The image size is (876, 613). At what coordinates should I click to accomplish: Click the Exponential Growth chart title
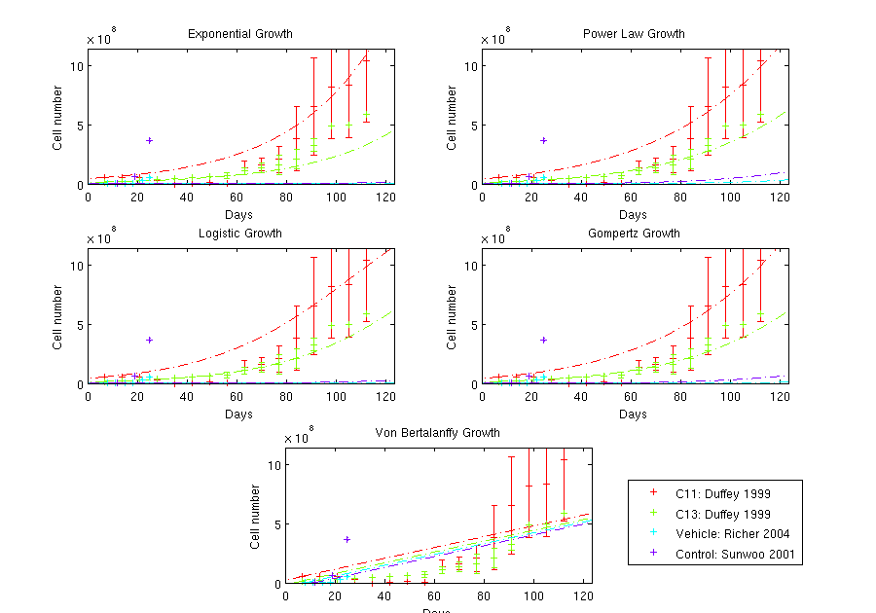239,34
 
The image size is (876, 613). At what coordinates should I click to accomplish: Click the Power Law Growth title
634,34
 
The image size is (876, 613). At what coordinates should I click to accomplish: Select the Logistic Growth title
239,234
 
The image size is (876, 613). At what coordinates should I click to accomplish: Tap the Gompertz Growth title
634,234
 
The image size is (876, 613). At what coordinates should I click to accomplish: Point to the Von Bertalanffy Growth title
438,433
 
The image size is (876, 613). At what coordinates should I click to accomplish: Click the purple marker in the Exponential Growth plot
149,140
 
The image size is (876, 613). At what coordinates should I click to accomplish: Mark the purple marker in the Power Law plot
543,140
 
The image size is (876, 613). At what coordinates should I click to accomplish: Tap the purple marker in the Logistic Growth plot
149,340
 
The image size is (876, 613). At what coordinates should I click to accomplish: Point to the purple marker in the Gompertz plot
543,340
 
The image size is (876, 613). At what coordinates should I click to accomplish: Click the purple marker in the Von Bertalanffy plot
347,539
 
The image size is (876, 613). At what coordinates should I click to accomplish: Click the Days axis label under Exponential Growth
239,214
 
